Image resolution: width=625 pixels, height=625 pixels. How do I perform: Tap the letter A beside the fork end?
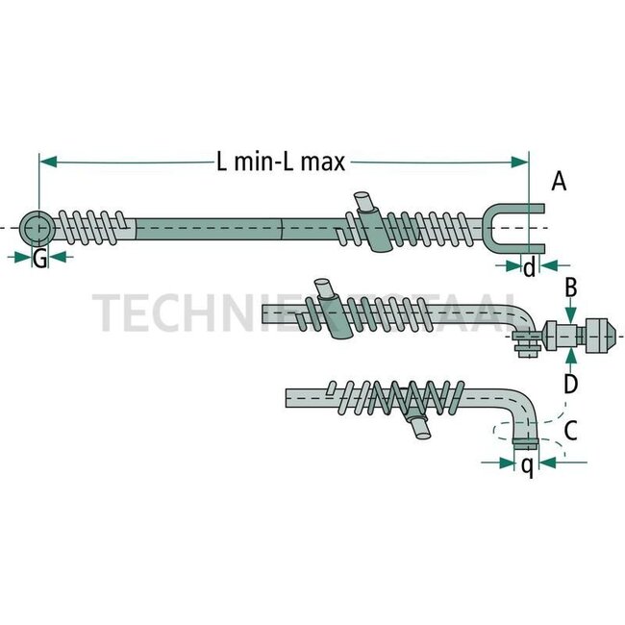click(560, 181)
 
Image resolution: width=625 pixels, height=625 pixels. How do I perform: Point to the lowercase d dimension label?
click(529, 267)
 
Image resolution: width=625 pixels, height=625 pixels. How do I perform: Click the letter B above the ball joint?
click(570, 287)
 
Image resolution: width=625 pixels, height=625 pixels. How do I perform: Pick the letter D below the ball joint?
click(570, 385)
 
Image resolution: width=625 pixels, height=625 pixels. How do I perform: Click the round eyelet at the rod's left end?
click(38, 229)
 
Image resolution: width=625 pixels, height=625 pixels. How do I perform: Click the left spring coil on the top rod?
click(92, 229)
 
